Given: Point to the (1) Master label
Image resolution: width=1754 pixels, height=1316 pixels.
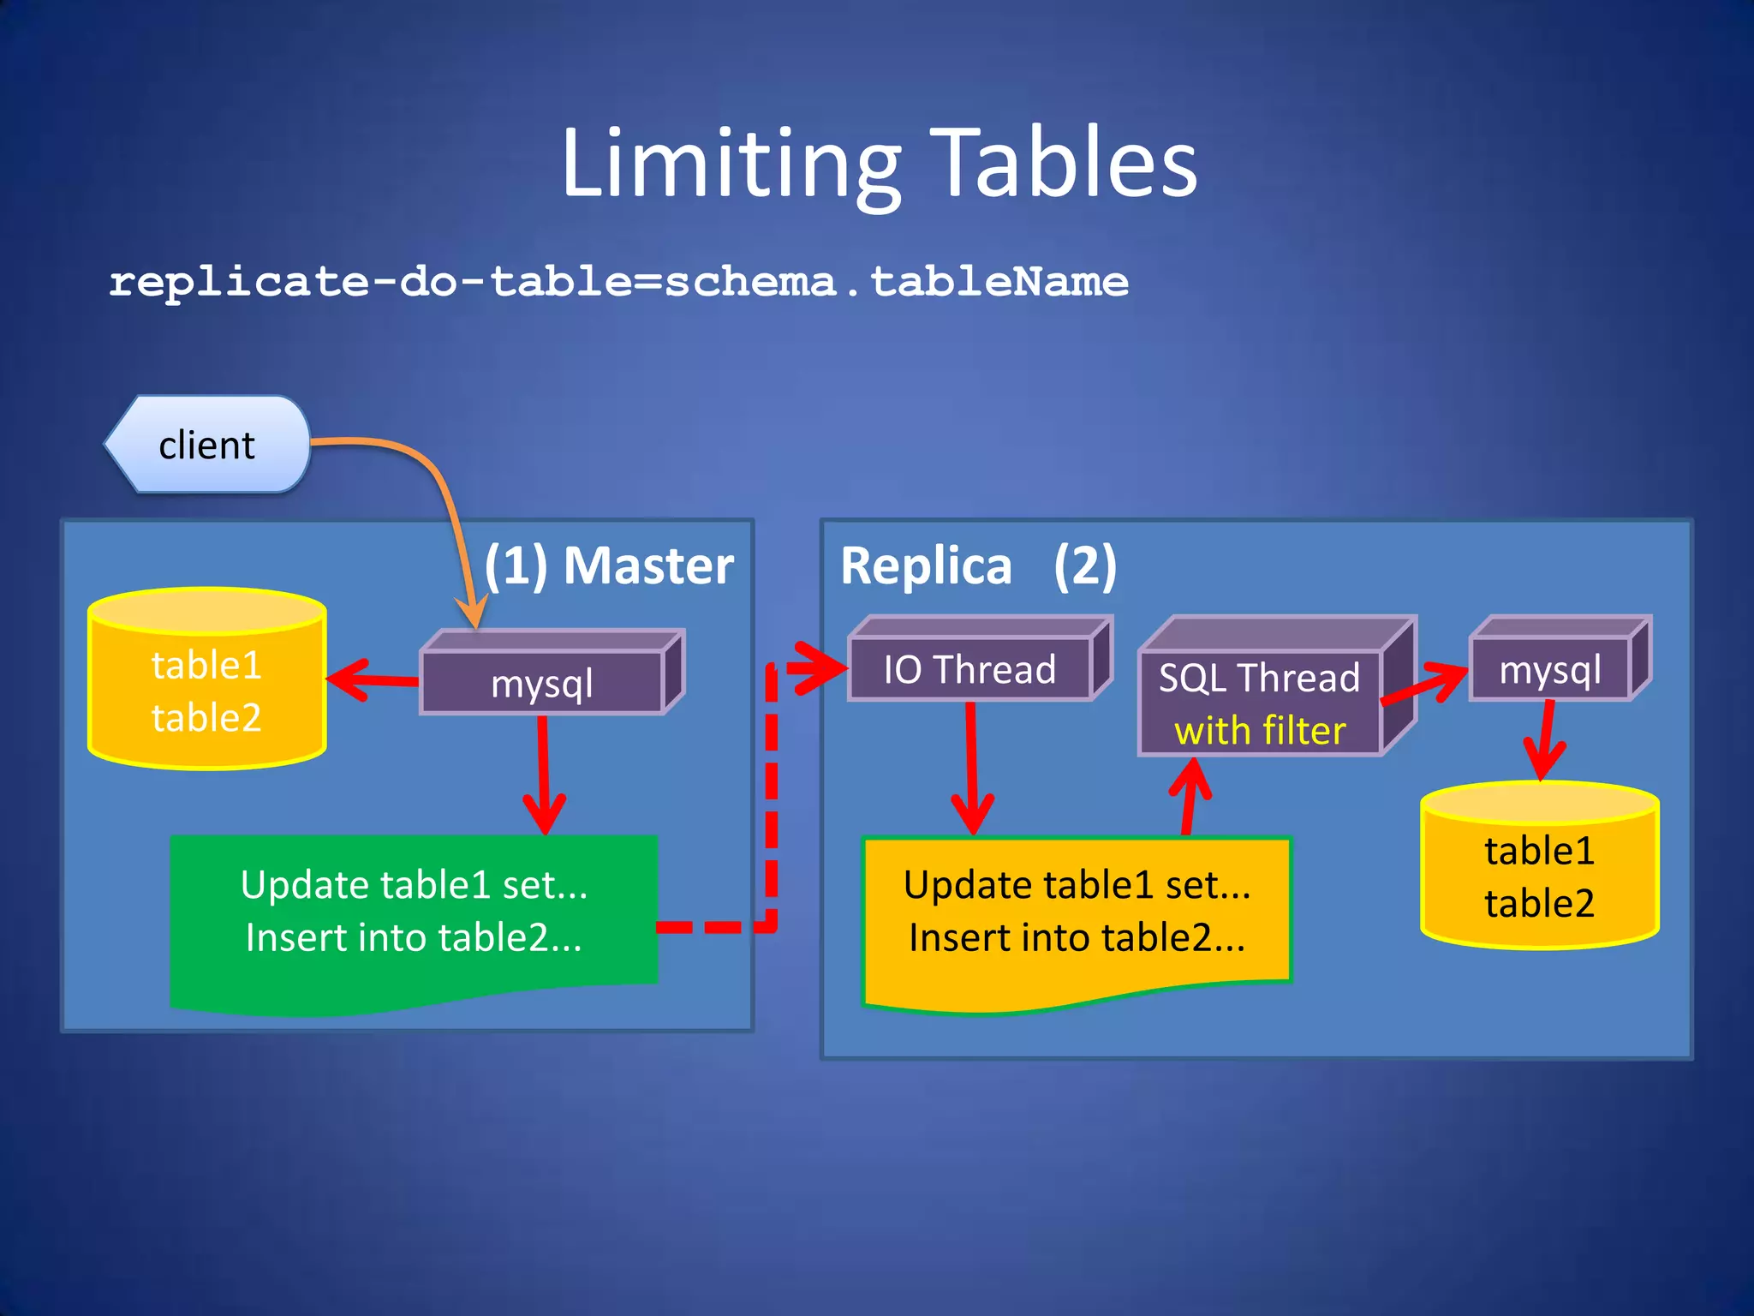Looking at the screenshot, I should [609, 565].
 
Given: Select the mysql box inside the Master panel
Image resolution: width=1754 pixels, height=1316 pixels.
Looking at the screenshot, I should [542, 683].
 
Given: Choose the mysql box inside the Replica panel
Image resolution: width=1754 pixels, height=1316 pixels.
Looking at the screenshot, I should [1550, 669].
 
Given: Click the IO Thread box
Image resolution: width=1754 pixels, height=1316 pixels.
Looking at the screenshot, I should [969, 669].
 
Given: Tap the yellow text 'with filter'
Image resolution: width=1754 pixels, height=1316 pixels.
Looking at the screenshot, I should [1260, 731].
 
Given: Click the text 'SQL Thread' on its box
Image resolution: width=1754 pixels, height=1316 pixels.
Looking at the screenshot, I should [1259, 678].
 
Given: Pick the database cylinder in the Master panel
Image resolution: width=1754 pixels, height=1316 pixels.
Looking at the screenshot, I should [206, 691].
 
